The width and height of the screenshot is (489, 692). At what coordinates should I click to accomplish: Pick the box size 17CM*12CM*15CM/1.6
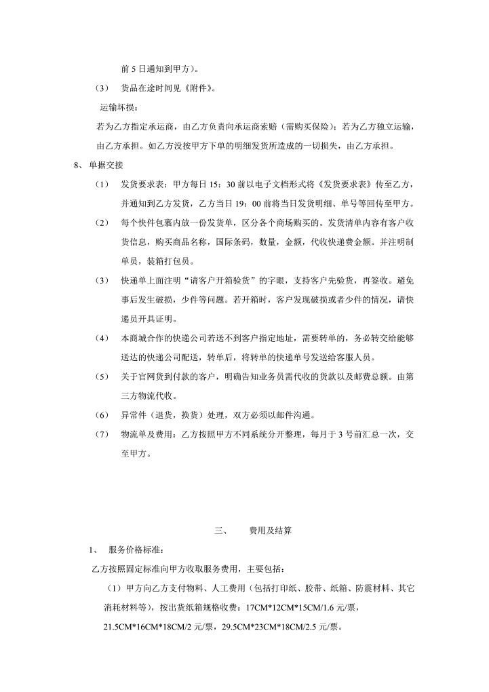pyautogui.click(x=306, y=606)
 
